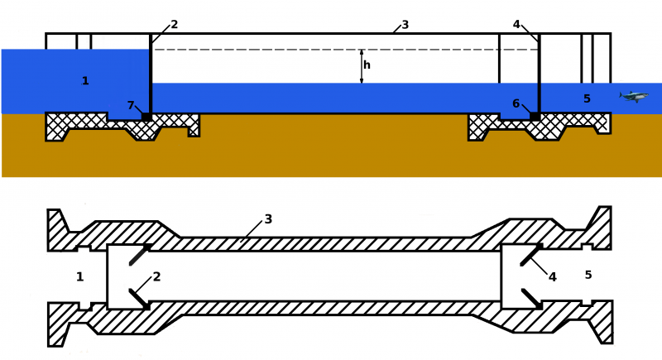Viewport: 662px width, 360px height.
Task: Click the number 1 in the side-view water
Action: coord(85,81)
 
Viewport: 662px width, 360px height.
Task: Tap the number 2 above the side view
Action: coord(175,25)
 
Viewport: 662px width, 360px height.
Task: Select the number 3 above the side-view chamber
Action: coord(405,25)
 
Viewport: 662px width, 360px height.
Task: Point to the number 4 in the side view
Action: coord(516,25)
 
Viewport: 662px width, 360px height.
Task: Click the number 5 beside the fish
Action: coord(587,99)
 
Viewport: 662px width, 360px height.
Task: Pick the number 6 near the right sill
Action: coord(516,104)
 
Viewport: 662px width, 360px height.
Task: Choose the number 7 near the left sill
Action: coord(131,105)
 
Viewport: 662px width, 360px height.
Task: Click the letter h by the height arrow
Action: coord(367,65)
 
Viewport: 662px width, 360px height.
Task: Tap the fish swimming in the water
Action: coord(634,97)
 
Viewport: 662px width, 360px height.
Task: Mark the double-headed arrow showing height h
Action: coord(361,66)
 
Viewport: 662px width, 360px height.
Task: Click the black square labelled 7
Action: coord(146,117)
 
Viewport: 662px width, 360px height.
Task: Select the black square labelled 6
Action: coord(535,117)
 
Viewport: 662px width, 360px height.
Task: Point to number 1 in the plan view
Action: coord(80,277)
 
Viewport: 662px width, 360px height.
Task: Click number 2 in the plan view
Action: coord(156,277)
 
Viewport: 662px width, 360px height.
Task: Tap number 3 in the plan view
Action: coord(268,219)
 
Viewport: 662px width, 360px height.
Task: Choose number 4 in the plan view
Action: coord(552,277)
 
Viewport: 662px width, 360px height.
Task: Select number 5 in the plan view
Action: coord(588,275)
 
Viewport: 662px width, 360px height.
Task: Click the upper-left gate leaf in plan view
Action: coord(138,255)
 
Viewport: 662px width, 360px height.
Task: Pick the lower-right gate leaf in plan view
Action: coord(531,298)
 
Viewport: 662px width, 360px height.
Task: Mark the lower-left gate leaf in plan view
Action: coord(138,298)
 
